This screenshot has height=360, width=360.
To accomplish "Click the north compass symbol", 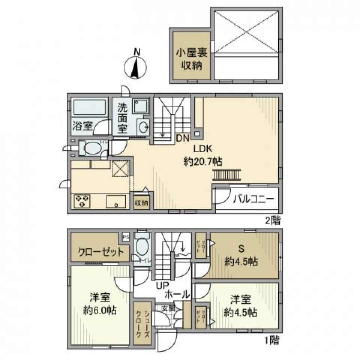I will (x=135, y=67).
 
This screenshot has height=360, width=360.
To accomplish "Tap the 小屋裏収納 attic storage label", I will (x=192, y=59).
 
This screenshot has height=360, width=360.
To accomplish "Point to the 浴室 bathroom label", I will (x=82, y=126).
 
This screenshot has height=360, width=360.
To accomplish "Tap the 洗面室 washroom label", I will (x=123, y=118).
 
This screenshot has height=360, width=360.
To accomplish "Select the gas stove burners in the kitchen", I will (x=82, y=201).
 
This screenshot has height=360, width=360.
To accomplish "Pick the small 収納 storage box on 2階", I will (x=141, y=203).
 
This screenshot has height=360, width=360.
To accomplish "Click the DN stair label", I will (x=183, y=138).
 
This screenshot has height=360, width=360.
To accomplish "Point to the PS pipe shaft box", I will (x=126, y=237).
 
